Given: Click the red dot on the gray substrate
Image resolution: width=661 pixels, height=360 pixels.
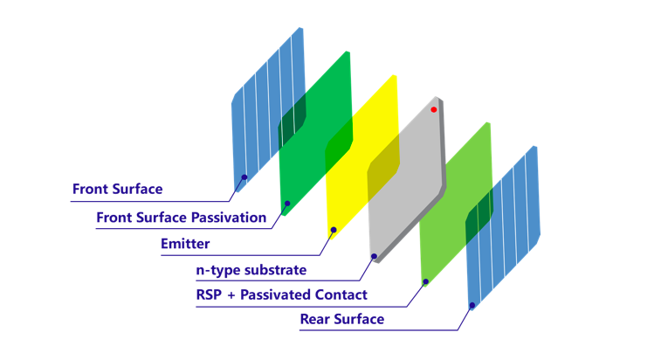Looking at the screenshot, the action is [x=433, y=110].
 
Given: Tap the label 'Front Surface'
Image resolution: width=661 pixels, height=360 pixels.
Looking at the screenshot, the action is [x=118, y=189].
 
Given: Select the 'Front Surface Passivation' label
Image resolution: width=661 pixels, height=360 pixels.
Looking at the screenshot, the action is [x=182, y=218].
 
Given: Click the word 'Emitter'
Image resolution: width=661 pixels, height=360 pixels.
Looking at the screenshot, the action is [x=185, y=244].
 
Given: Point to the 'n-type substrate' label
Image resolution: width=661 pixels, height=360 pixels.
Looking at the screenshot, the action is [x=251, y=270].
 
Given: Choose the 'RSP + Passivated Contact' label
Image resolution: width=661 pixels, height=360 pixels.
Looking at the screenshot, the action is [x=281, y=294].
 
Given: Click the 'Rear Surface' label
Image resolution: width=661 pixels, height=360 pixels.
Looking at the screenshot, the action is [x=342, y=319].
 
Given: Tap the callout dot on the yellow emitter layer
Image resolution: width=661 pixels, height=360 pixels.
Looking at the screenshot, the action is [x=334, y=230].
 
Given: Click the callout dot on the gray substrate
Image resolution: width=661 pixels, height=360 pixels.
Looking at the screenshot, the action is [x=374, y=256].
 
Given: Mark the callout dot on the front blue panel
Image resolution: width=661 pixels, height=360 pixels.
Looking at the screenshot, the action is [x=244, y=177].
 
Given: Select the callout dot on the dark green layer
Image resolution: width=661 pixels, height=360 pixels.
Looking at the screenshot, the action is [x=287, y=204].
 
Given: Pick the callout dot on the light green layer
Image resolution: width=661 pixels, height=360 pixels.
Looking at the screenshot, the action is [x=426, y=281].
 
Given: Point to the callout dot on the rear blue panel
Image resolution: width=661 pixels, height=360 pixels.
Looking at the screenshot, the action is [x=472, y=305].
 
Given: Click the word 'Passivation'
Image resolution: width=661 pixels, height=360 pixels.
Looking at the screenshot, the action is [x=229, y=218].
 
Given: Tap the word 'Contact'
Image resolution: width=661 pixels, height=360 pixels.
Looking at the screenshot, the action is [x=341, y=294].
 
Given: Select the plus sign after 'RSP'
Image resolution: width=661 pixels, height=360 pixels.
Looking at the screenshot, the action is [x=231, y=295].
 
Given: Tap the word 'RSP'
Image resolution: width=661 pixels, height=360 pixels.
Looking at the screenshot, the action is [x=209, y=294].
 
